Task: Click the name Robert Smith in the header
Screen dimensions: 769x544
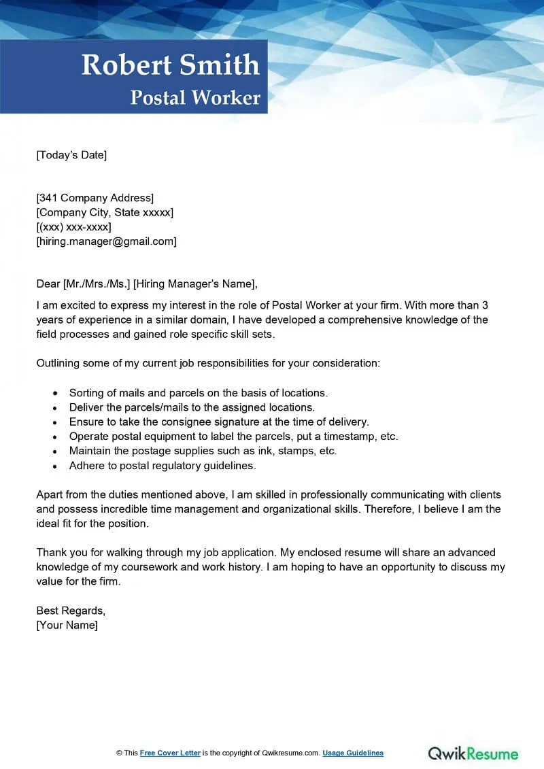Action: click(170, 65)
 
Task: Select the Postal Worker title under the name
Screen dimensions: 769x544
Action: click(195, 98)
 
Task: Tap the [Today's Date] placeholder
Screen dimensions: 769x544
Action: click(71, 155)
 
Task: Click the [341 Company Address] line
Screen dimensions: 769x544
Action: click(95, 198)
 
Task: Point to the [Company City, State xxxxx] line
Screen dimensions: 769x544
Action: click(105, 212)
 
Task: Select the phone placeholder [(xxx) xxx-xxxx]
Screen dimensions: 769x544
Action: click(73, 226)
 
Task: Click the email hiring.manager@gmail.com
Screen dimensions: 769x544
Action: click(106, 241)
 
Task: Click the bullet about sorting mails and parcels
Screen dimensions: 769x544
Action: click(199, 393)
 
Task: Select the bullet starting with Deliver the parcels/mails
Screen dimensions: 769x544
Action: click(192, 407)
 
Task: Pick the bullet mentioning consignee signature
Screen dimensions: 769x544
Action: click(219, 422)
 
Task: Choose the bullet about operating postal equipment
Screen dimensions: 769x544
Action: click(233, 437)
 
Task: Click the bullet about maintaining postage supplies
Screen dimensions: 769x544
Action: click(203, 451)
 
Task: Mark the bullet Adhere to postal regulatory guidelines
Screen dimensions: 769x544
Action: click(163, 466)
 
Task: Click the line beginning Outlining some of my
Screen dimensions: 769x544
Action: click(208, 363)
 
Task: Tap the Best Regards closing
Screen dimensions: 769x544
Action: click(71, 611)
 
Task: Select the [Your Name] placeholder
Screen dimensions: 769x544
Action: click(67, 625)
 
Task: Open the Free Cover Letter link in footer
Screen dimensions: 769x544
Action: click(171, 753)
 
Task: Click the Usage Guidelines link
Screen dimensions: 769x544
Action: click(353, 753)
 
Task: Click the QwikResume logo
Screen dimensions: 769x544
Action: click(473, 753)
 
